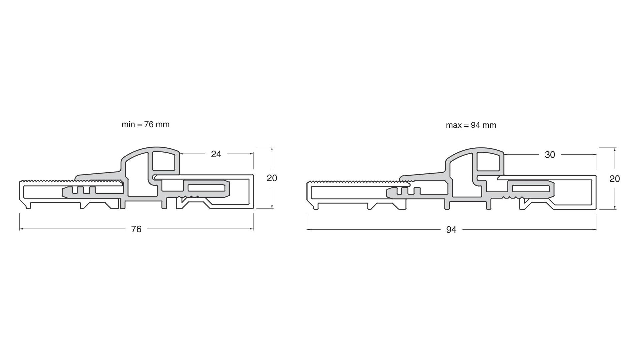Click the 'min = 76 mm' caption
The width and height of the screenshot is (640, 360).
pyautogui.click(x=145, y=125)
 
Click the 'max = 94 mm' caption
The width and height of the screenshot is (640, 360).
pyautogui.click(x=471, y=125)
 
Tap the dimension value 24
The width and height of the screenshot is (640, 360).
pyautogui.click(x=216, y=154)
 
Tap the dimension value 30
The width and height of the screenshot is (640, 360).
pyautogui.click(x=550, y=155)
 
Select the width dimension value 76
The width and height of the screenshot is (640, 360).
pyautogui.click(x=136, y=229)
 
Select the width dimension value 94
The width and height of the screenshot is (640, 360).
pyautogui.click(x=451, y=230)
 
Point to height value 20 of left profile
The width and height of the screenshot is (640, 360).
pyautogui.click(x=272, y=178)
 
